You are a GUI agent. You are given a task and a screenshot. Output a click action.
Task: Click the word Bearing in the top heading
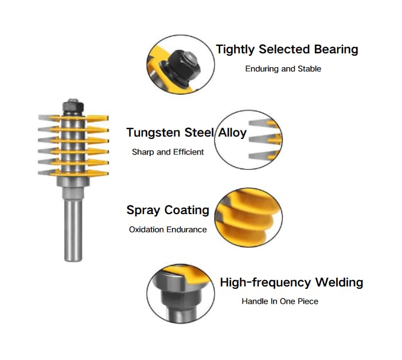(336, 49)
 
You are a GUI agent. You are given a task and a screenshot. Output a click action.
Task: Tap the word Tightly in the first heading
(235, 49)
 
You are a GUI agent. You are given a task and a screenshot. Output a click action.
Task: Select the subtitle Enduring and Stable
(283, 69)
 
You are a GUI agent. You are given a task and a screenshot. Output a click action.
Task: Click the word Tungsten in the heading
(153, 133)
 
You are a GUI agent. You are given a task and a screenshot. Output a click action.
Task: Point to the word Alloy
(232, 133)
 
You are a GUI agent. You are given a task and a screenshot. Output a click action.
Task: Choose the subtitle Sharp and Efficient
(168, 152)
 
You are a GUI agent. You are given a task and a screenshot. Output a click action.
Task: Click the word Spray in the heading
(143, 211)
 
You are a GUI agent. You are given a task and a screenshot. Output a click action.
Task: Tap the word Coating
(186, 211)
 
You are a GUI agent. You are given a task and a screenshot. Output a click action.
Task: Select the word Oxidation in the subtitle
(146, 229)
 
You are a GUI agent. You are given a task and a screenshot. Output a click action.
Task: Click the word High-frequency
(266, 282)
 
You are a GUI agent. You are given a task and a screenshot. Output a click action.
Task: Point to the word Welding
(339, 282)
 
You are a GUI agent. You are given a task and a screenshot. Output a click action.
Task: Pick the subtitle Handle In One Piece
(280, 301)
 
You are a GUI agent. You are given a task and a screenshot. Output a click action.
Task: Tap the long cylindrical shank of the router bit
(73, 230)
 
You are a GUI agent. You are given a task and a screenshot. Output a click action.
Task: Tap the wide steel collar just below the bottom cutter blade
(73, 181)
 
